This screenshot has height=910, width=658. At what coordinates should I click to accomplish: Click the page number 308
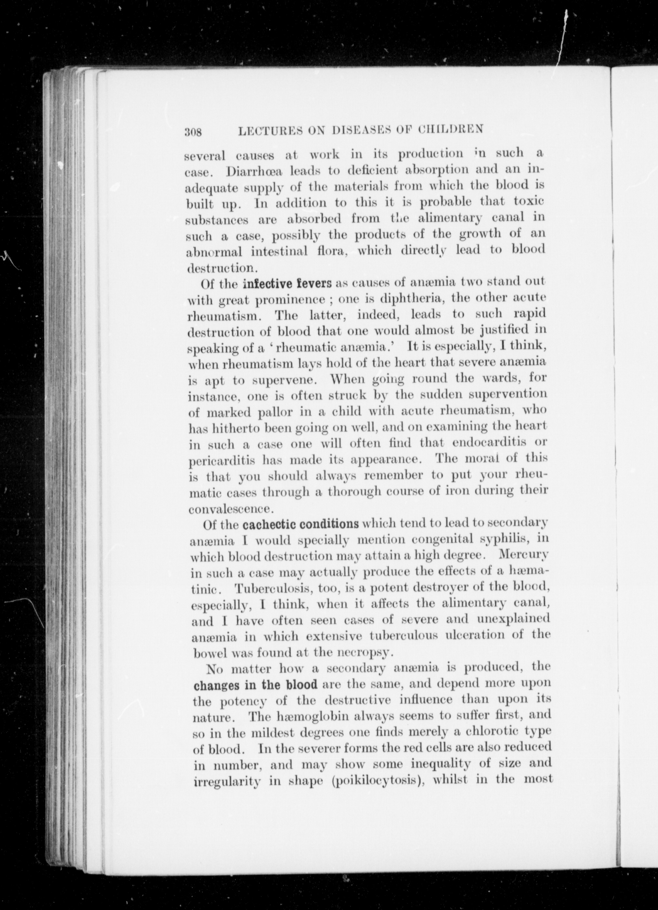click(x=193, y=132)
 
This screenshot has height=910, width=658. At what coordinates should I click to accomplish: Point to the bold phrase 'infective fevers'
click(x=287, y=284)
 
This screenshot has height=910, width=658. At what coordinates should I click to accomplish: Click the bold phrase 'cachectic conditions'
click(x=301, y=525)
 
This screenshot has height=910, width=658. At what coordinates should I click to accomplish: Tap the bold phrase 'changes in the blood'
click(x=256, y=684)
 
